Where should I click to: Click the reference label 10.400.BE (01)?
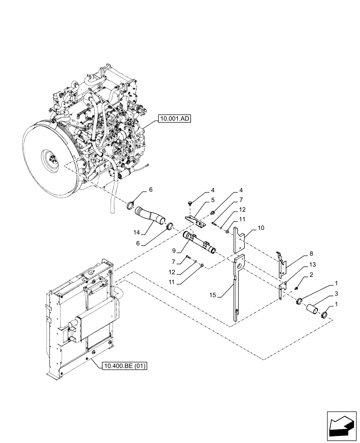tap(125, 366)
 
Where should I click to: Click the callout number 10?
tap(261, 228)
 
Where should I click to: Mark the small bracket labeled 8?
tap(282, 265)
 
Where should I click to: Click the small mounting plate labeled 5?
tap(196, 221)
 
